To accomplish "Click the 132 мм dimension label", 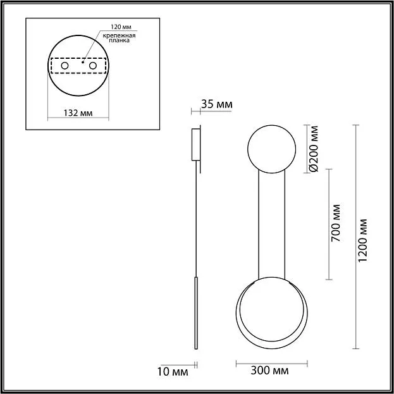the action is click(78, 113).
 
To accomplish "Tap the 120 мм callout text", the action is click(121, 27).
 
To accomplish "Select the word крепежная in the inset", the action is click(119, 35).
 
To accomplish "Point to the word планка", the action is click(120, 40).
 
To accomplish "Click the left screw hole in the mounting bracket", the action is click(65, 66).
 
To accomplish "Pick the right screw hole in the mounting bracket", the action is click(93, 66).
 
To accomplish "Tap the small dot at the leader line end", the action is click(83, 62).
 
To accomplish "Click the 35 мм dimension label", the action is click(216, 104).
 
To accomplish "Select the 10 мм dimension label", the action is click(173, 372).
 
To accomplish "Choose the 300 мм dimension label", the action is click(269, 371).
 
